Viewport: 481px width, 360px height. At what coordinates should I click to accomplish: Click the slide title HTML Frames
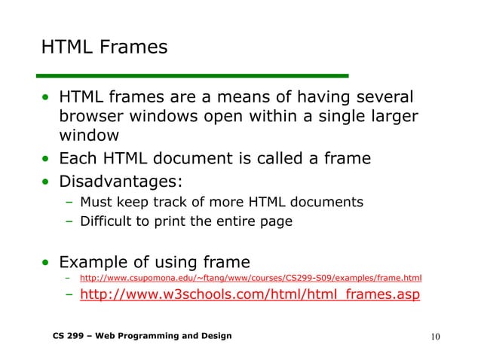pyautogui.click(x=104, y=48)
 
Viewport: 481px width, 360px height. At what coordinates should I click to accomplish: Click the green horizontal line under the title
pyautogui.click(x=195, y=75)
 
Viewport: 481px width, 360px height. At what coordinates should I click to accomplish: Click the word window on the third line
pyautogui.click(x=89, y=136)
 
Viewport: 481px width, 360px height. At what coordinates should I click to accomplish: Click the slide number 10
pyautogui.click(x=436, y=335)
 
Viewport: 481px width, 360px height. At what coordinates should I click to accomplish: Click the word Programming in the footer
pyautogui.click(x=151, y=334)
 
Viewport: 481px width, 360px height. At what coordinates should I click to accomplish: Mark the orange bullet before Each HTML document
pyautogui.click(x=47, y=160)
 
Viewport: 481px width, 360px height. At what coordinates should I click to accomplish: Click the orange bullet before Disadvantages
pyautogui.click(x=47, y=182)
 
